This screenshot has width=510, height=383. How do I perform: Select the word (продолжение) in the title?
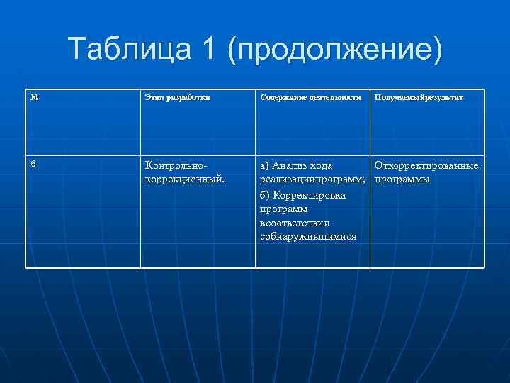click(334, 51)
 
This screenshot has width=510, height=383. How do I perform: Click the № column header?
click(34, 96)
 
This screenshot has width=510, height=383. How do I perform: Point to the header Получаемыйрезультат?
click(419, 97)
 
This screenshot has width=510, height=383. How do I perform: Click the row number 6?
click(33, 164)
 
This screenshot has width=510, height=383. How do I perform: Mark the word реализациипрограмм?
click(312, 180)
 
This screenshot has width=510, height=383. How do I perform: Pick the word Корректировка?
click(308, 194)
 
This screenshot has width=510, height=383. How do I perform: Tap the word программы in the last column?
click(402, 180)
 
